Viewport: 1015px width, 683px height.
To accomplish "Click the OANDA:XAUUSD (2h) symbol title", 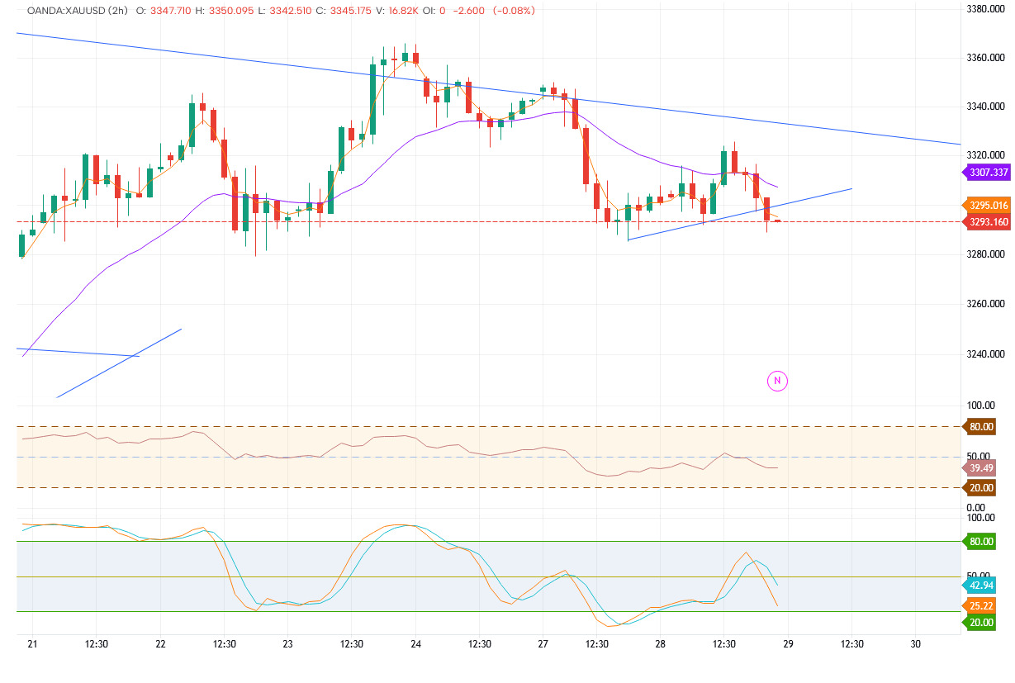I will [x=76, y=11].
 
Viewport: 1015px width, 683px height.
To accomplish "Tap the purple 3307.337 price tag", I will [x=988, y=173].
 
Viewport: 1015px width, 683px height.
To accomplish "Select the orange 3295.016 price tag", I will [x=988, y=206].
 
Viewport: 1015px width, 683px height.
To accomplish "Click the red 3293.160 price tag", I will [x=988, y=221].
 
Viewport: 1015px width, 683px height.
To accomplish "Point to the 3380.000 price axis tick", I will [x=987, y=8].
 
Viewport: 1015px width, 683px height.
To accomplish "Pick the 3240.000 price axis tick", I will [x=987, y=354].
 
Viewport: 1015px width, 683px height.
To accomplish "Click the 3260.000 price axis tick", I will [x=987, y=305].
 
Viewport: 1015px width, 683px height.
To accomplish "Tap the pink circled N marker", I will [x=777, y=381].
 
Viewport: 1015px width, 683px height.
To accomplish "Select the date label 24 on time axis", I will [x=415, y=644].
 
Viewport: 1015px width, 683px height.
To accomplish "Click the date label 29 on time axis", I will [x=788, y=644].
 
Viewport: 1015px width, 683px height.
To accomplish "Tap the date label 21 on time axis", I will [x=32, y=644].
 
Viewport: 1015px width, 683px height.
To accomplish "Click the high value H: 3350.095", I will [x=221, y=11].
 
